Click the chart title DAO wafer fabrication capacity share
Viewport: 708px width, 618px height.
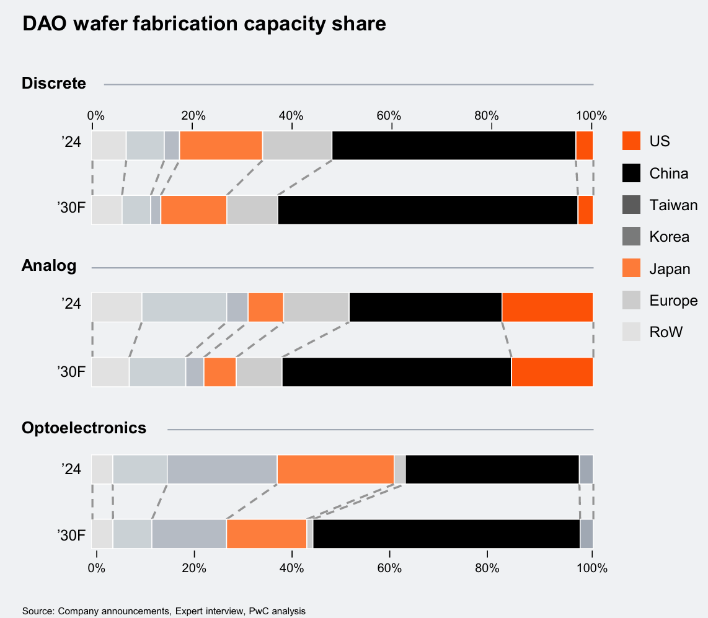point(204,24)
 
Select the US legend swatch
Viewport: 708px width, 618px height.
point(631,141)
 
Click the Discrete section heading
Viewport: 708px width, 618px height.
point(54,83)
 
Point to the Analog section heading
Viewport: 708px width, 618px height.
point(49,266)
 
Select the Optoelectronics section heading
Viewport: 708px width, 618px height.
point(84,428)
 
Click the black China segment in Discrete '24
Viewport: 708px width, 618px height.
point(454,146)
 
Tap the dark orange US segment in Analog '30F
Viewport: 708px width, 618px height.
point(552,372)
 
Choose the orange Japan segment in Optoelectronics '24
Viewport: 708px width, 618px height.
point(335,469)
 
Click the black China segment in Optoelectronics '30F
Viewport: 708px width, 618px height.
point(446,534)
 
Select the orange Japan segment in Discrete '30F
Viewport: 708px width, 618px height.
point(193,210)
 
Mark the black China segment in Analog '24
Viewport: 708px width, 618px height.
point(425,307)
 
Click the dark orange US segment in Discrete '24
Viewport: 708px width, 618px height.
point(585,146)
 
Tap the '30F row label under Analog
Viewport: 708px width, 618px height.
point(71,372)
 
